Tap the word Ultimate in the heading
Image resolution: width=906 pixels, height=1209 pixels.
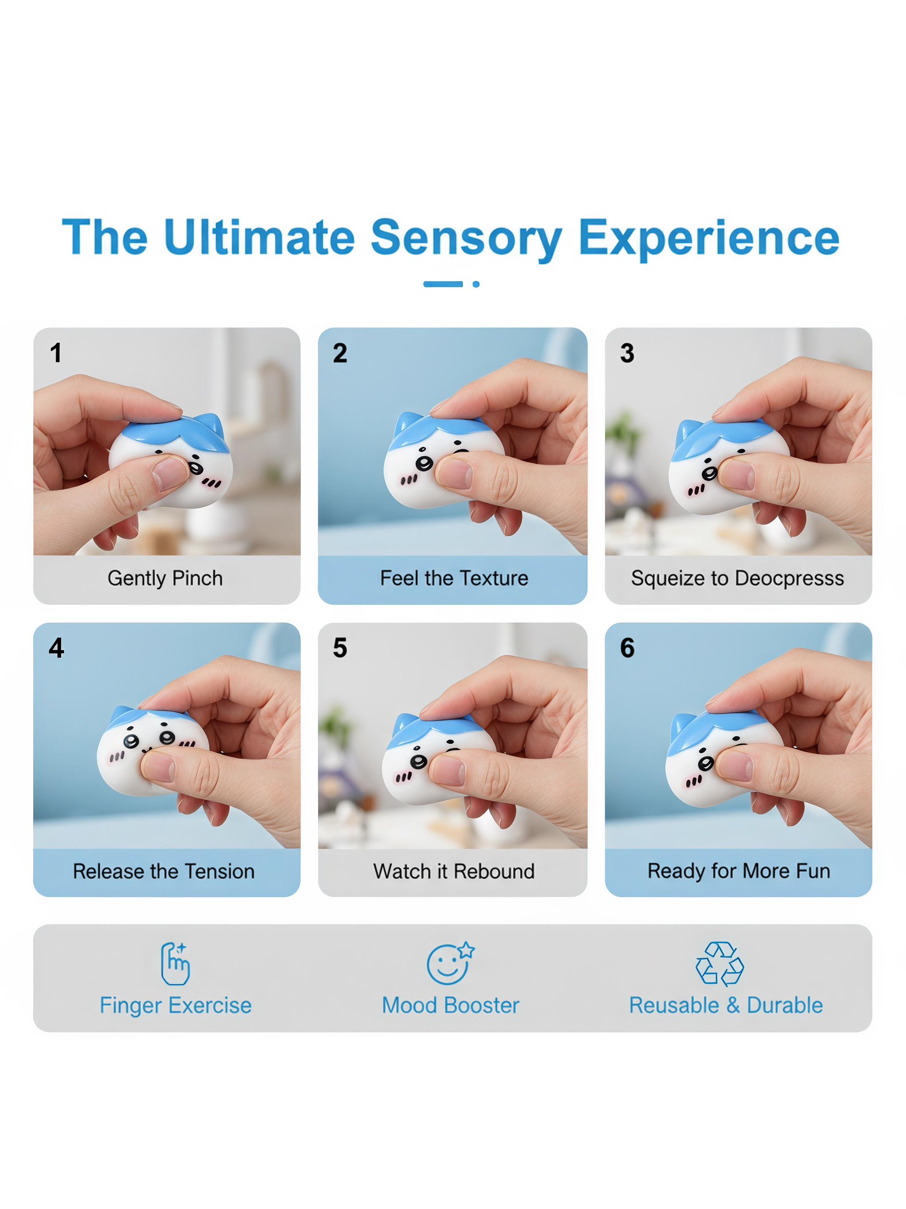pyautogui.click(x=259, y=237)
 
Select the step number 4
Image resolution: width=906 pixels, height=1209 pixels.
pyautogui.click(x=56, y=648)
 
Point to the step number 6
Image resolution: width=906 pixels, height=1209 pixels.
pyautogui.click(x=627, y=648)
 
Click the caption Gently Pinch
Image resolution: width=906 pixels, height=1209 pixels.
pyautogui.click(x=165, y=578)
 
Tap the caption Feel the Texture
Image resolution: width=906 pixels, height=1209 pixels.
pyautogui.click(x=454, y=578)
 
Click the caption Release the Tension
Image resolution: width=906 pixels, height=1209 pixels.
pyautogui.click(x=164, y=871)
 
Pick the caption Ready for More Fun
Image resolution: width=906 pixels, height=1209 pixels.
pyautogui.click(x=738, y=871)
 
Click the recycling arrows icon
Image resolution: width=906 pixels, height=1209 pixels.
pyautogui.click(x=719, y=964)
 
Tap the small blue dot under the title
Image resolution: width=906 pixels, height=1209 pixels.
pyautogui.click(x=476, y=284)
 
